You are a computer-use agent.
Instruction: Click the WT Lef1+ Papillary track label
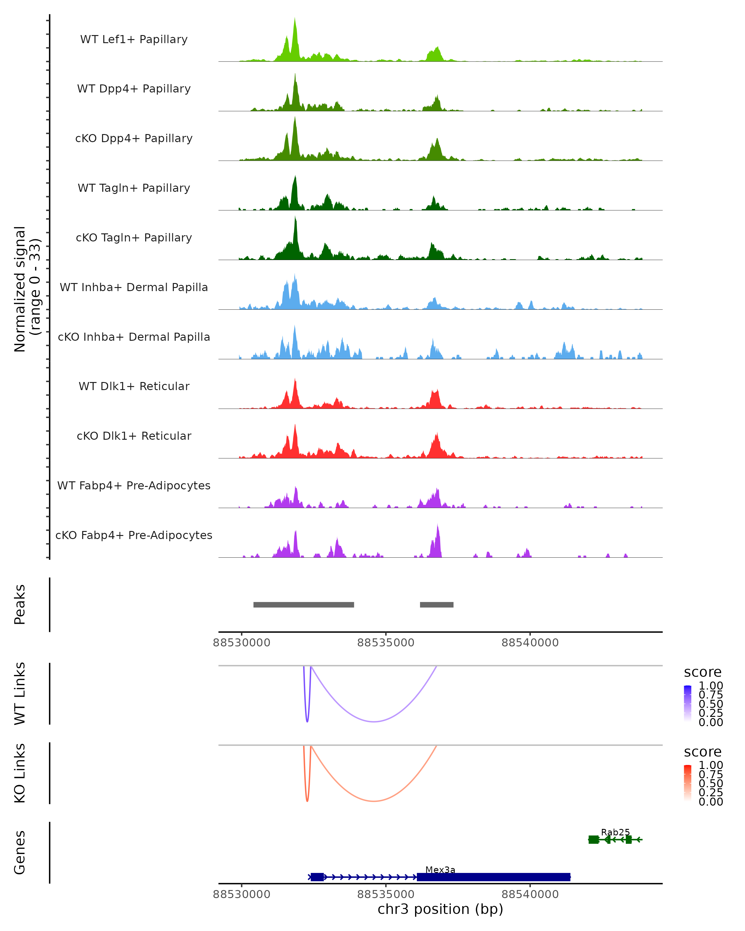(134, 40)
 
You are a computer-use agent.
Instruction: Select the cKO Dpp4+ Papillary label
(134, 139)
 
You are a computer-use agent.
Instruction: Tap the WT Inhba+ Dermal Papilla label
(134, 288)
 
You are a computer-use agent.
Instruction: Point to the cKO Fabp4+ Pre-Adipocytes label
(134, 535)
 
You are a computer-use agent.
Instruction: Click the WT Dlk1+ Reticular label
(134, 386)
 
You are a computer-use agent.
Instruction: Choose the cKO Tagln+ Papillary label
(134, 238)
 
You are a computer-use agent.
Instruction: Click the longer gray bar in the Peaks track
(304, 605)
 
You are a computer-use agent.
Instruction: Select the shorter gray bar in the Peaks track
(437, 605)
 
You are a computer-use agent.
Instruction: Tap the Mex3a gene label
(440, 870)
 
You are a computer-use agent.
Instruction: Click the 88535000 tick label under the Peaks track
(386, 643)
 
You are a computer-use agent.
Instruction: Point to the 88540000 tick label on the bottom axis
(530, 895)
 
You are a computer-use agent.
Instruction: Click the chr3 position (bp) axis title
(440, 909)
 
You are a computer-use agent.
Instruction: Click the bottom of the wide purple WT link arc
(374, 722)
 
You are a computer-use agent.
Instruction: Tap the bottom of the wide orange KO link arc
(374, 801)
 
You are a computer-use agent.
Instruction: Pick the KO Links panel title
(20, 773)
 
